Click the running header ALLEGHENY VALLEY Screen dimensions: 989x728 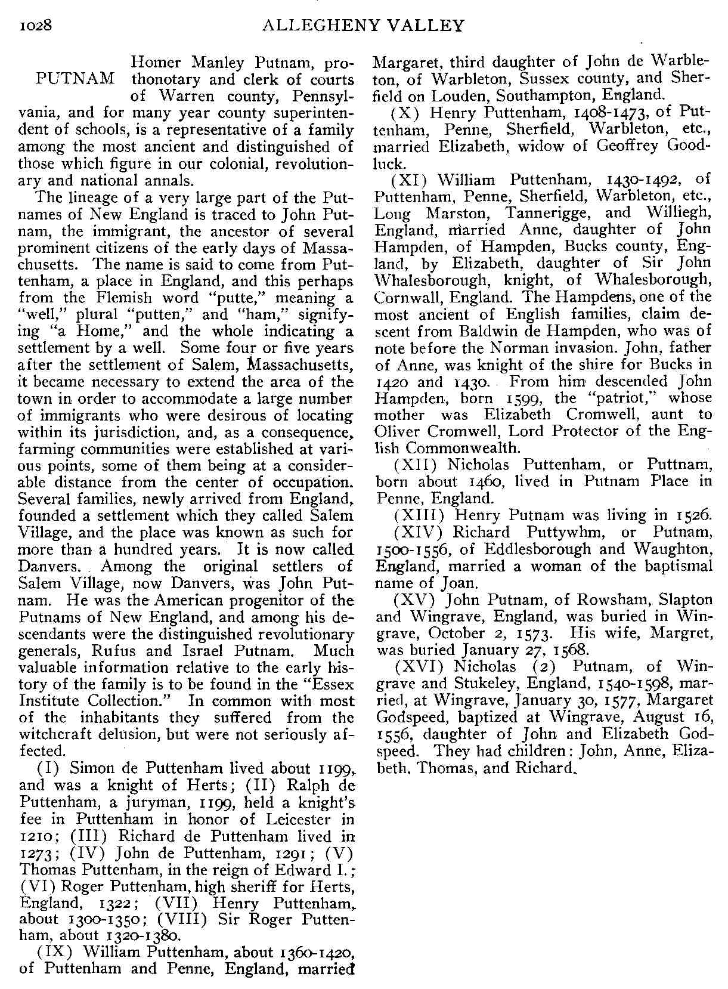(x=363, y=26)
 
